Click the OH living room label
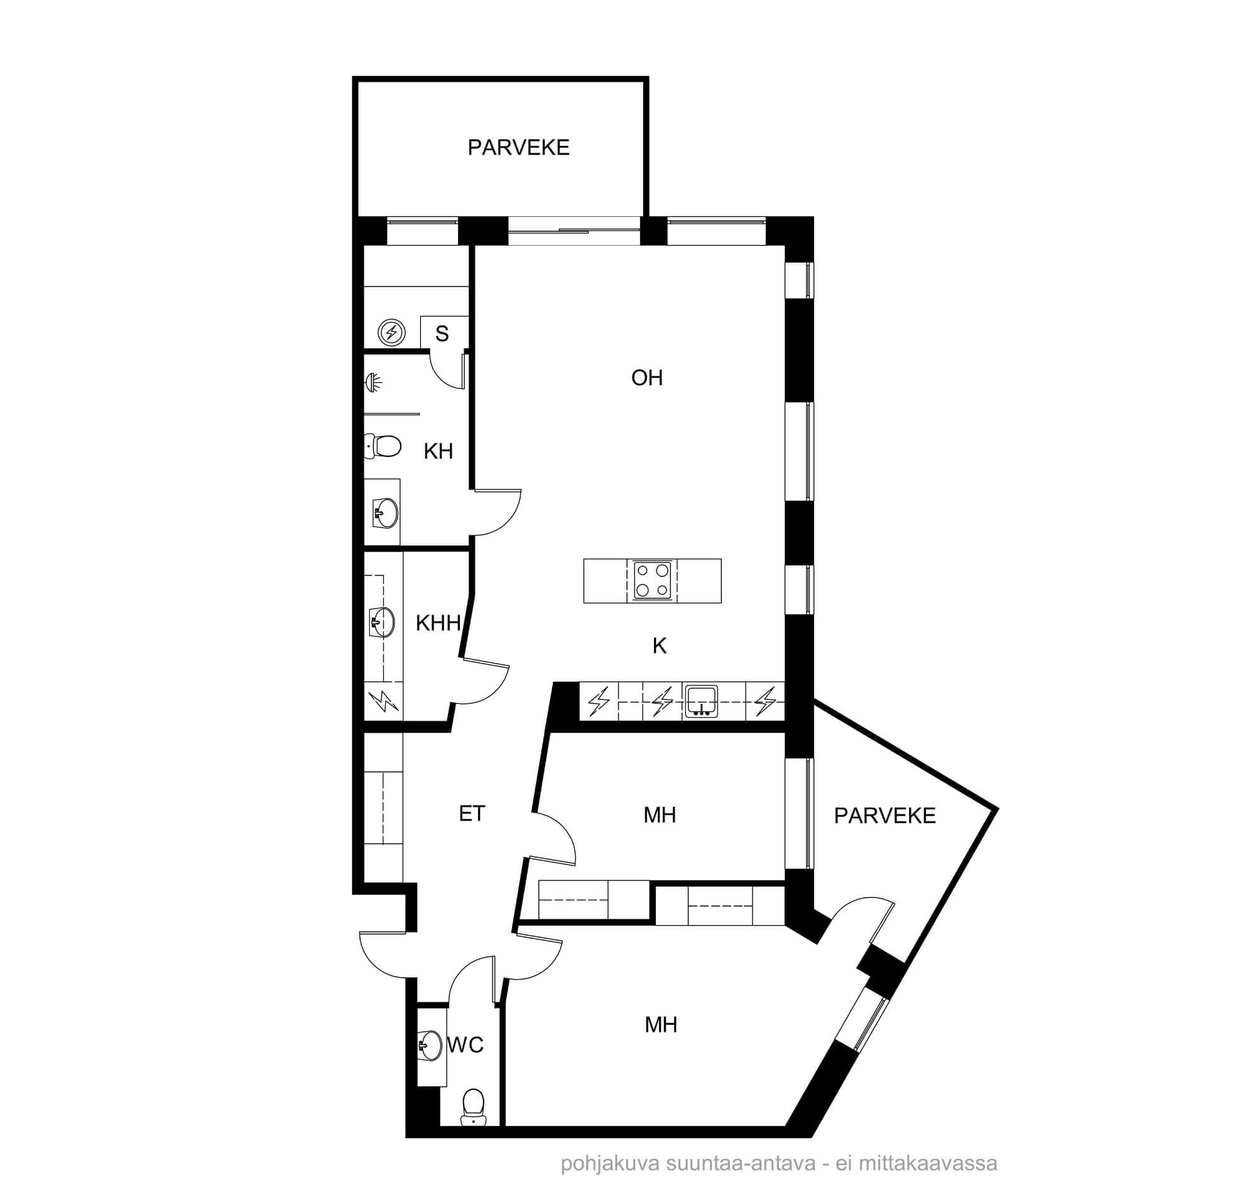pyautogui.click(x=647, y=378)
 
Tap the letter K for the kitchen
pyautogui.click(x=659, y=645)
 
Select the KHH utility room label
pyautogui.click(x=438, y=623)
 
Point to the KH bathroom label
pyautogui.click(x=438, y=451)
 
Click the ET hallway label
pyautogui.click(x=472, y=814)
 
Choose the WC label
pyautogui.click(x=466, y=1045)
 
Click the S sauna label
pyautogui.click(x=442, y=334)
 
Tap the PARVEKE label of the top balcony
pyautogui.click(x=518, y=148)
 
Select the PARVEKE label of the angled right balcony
pyautogui.click(x=885, y=816)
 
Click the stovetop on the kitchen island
pyautogui.click(x=652, y=581)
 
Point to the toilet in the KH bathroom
pyautogui.click(x=383, y=446)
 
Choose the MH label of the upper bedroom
pyautogui.click(x=660, y=815)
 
